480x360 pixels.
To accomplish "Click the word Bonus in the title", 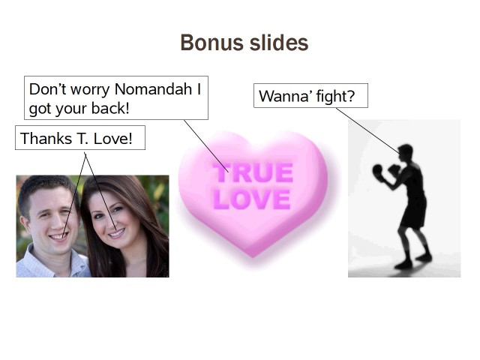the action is click(213, 43).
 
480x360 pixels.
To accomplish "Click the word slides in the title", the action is click(279, 43).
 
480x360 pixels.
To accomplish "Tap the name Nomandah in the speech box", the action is click(153, 89).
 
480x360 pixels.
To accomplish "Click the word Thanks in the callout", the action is click(46, 138).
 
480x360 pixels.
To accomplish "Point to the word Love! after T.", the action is click(113, 138).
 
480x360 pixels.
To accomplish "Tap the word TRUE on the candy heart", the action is click(253, 172).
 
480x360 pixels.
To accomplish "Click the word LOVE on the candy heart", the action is click(252, 199).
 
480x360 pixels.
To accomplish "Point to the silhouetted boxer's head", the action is click(406, 152).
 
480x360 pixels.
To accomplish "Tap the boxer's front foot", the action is click(403, 265).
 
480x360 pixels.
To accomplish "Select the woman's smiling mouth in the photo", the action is click(117, 233).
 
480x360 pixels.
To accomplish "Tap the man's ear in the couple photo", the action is click(25, 224).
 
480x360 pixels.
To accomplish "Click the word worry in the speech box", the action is click(90, 90).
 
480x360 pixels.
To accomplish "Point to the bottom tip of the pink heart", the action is click(253, 257).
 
